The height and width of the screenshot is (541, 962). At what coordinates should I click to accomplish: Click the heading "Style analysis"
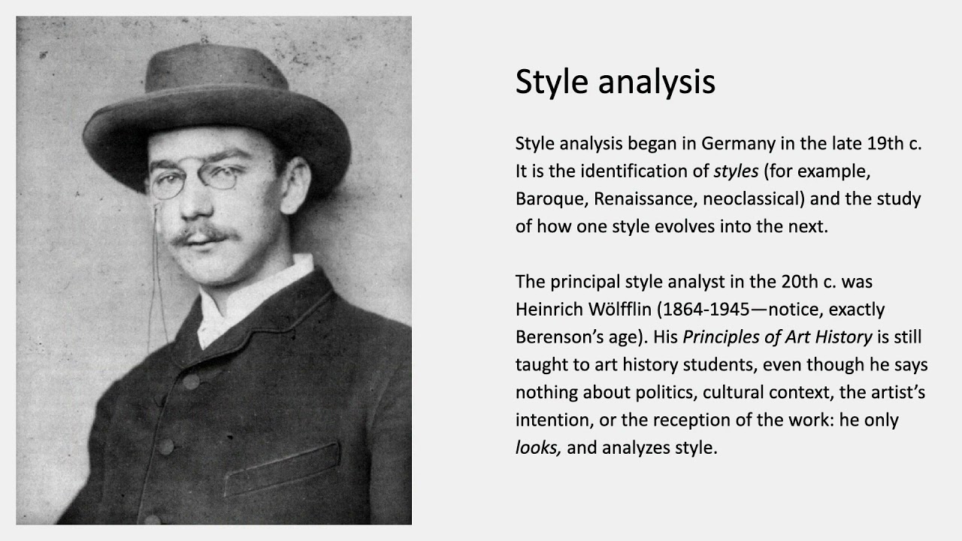pos(615,82)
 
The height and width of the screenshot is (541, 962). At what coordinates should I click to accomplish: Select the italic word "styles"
pos(736,171)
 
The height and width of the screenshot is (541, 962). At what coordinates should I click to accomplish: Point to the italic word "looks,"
pos(538,448)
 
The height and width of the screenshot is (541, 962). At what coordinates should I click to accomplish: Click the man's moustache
pos(201,235)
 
